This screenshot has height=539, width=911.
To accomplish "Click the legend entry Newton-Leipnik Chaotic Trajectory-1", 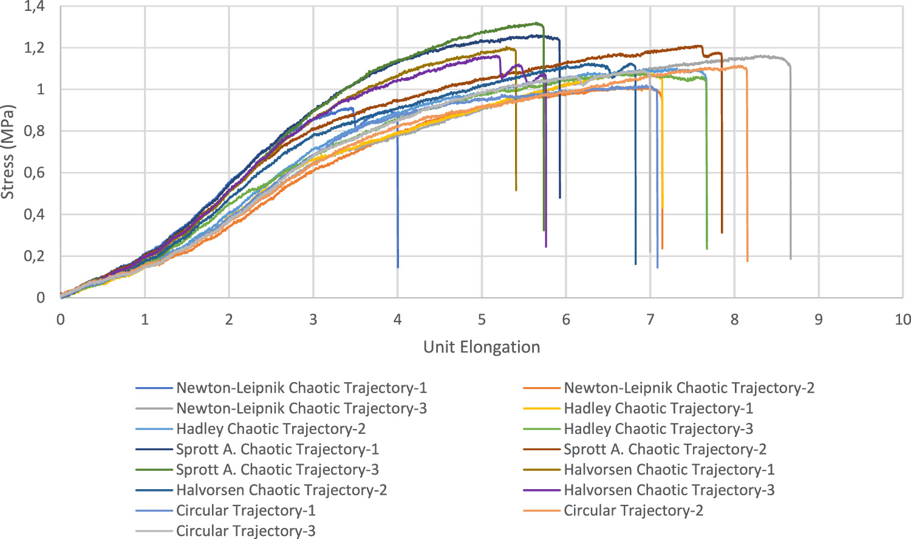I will tap(301, 388).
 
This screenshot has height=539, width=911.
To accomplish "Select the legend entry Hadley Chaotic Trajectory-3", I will tap(658, 429).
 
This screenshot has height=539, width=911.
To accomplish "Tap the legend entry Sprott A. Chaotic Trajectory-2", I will tap(665, 450).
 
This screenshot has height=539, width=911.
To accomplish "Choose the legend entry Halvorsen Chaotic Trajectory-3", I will tap(669, 490).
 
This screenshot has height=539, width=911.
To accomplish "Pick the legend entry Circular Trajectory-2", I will tap(633, 511).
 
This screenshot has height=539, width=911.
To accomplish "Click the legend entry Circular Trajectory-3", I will tap(246, 531).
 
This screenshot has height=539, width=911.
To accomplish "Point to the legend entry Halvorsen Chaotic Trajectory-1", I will tap(669, 470).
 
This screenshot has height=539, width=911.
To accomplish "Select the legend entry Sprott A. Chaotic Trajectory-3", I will tap(278, 470).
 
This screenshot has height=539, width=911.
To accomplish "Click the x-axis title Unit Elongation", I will tap(482, 348).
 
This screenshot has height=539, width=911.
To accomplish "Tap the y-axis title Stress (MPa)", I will tap(8, 152).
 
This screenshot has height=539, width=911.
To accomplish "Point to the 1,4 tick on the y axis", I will tap(34, 7).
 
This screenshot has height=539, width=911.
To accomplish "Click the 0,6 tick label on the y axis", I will tap(34, 173).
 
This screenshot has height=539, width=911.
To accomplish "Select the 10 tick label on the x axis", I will tap(902, 320).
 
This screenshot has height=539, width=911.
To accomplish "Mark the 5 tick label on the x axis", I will tap(482, 320).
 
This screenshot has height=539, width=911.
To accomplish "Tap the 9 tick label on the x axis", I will tap(818, 320).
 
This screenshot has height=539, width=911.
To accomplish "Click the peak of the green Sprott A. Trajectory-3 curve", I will tap(537, 24).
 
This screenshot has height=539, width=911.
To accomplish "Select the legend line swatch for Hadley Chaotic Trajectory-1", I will tap(541, 409).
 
